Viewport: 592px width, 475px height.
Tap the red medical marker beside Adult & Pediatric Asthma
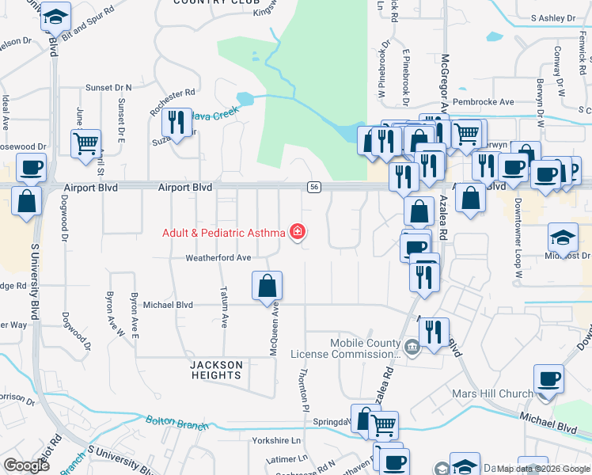[298, 232]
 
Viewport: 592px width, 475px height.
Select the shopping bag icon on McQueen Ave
[268, 286]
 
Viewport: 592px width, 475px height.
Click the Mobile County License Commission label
[346, 348]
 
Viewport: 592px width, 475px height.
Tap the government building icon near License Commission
[412, 347]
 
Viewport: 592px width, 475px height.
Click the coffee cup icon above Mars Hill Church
[548, 379]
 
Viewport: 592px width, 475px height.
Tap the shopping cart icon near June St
[85, 144]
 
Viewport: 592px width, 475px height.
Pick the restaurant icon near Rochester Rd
[176, 122]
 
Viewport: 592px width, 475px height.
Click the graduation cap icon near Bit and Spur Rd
[56, 17]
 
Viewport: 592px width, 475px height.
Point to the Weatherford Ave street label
[218, 258]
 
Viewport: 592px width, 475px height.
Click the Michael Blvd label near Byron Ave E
[168, 304]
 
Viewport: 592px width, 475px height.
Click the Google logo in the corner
[27, 465]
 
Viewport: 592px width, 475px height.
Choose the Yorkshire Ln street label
[276, 440]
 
